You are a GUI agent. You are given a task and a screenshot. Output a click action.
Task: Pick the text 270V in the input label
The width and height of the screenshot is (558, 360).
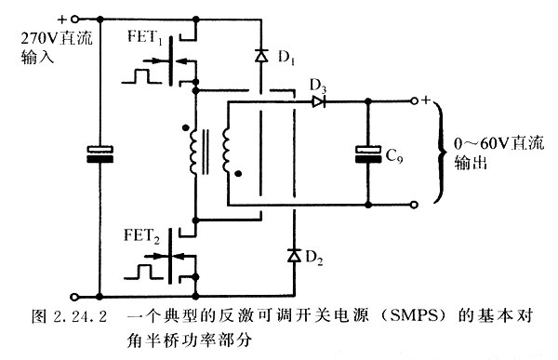coord(25,38)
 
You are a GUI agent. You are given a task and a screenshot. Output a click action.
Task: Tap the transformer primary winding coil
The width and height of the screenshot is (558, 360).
coord(194,153)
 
